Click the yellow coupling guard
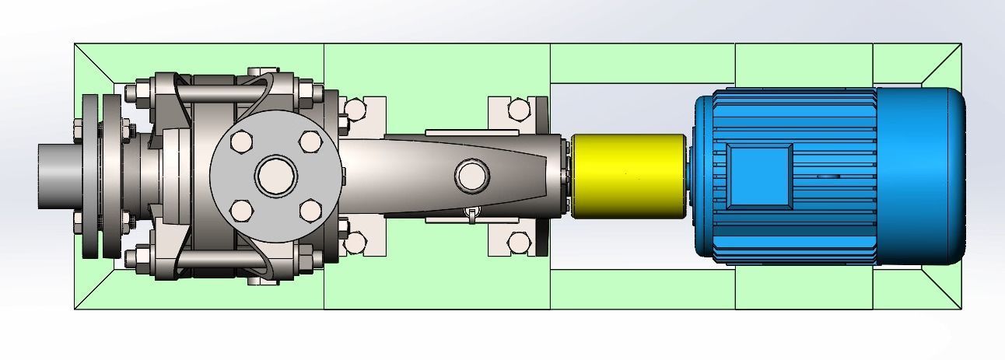coord(629,175)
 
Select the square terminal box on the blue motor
coord(758,176)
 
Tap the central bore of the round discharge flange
coord(276,176)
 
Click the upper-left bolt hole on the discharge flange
coord(242,142)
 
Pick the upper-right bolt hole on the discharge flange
coord(310,142)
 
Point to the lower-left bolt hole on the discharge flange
coord(242,210)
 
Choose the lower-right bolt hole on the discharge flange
coord(310,210)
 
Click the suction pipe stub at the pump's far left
coord(58,176)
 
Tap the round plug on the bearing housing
coord(471,175)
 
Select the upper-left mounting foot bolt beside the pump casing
coord(355,109)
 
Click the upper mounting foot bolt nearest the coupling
coord(517,109)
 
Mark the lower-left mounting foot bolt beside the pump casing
coord(355,243)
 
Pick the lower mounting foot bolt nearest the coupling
coord(517,243)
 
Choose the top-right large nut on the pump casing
coord(308,93)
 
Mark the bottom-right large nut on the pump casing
coord(308,258)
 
